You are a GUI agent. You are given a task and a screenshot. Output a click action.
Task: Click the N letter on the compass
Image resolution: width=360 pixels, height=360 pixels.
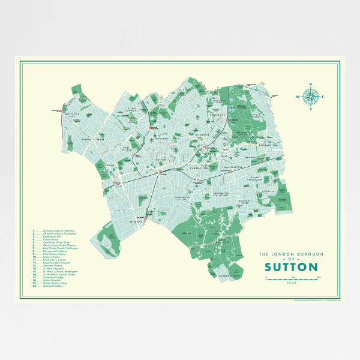click(x=310, y=84)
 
